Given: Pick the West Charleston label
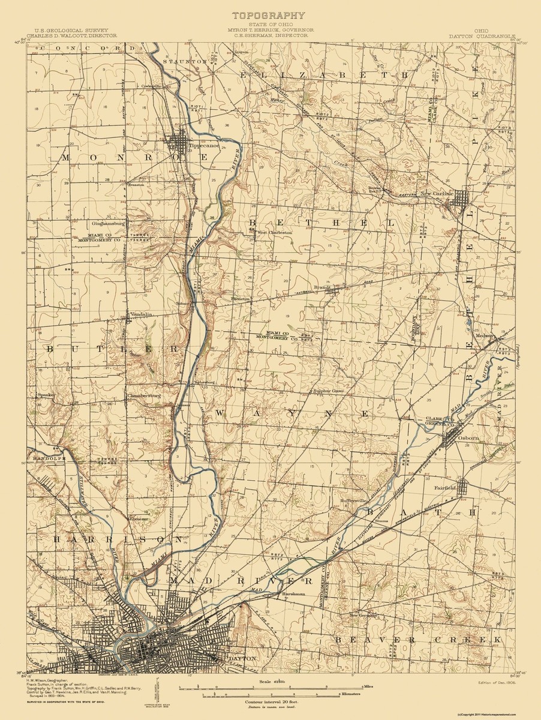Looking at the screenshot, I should tap(274, 232).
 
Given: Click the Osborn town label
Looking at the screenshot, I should tap(469, 438).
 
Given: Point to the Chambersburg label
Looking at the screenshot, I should tap(145, 396).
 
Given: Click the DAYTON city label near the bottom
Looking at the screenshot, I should tap(238, 658).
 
